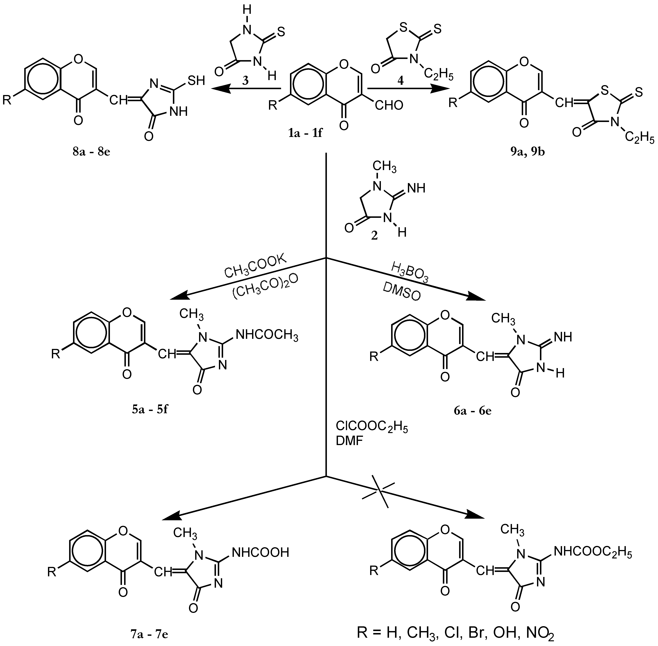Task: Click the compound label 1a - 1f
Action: pos(305,133)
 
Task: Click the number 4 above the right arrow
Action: pos(401,81)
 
